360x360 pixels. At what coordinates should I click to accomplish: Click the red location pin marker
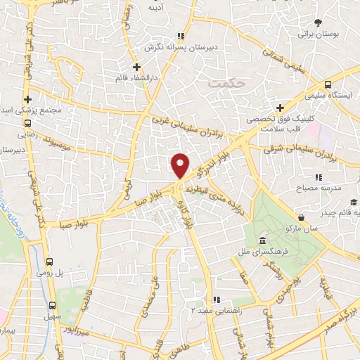[x=180, y=165]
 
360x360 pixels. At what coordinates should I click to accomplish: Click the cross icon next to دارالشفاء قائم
[x=136, y=67]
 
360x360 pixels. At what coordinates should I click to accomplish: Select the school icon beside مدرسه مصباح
[x=318, y=178]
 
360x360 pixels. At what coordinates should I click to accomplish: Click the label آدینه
[x=156, y=7]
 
